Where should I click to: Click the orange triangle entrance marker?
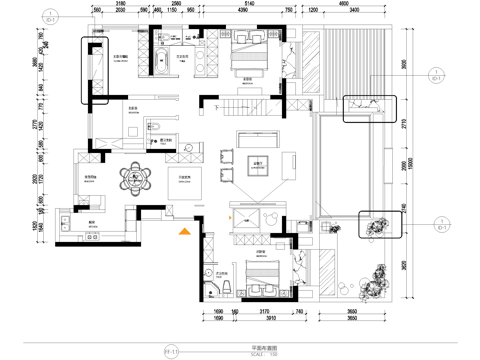pyautogui.click(x=184, y=233)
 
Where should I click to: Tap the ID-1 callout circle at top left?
pyautogui.click(x=52, y=16)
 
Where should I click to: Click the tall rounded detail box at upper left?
pyautogui.click(x=95, y=71)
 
